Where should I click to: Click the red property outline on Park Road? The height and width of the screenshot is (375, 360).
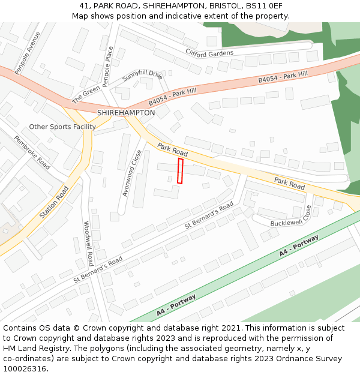point(180,171)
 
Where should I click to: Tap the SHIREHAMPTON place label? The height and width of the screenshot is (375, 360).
point(126,113)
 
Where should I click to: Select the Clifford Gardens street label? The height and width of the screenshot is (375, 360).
point(209,53)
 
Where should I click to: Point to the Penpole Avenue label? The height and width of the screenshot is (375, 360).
point(28,53)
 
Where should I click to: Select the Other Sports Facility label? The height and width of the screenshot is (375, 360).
point(62,127)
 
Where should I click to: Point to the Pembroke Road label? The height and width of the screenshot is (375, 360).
point(32,152)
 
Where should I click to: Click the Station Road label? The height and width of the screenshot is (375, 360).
point(53,202)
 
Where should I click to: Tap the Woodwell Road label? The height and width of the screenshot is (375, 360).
point(88,243)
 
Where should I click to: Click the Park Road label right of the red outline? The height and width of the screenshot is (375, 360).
point(289,184)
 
